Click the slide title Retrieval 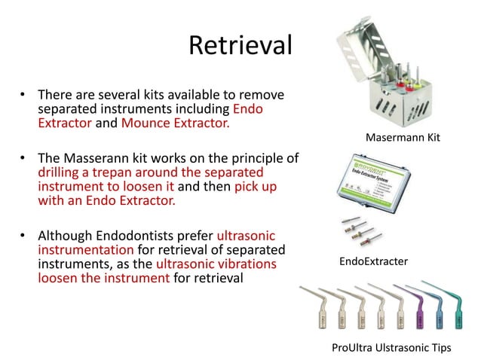click(x=240, y=46)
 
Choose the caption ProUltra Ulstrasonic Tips click(x=391, y=347)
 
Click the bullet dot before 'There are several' click(x=23, y=96)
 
